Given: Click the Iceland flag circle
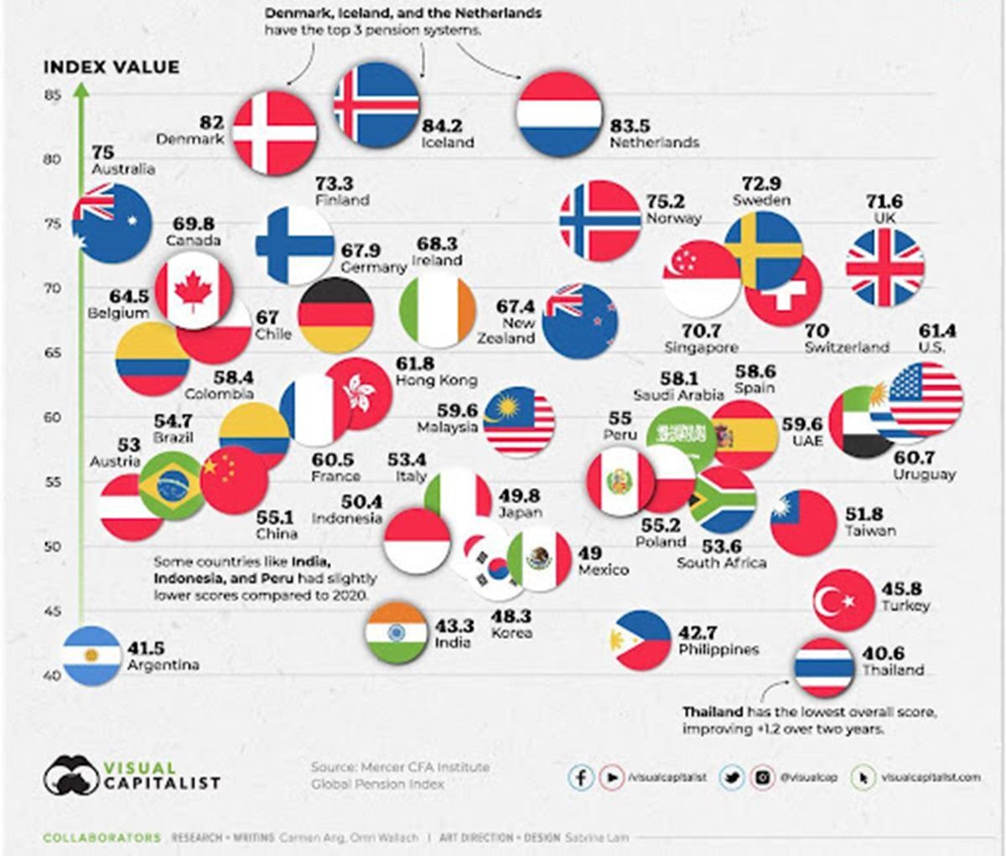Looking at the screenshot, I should tap(376, 106).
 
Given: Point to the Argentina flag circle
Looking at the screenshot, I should tap(91, 656).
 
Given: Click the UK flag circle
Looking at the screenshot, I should tap(885, 267).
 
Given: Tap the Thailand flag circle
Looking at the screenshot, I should tap(824, 667).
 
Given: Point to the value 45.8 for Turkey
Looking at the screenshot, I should tap(902, 589).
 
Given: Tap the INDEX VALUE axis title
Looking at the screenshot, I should tap(111, 67).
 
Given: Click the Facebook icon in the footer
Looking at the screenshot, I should tap(580, 777).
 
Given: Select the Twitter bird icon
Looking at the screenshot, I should tap(731, 777).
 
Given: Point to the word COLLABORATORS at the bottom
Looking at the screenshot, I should tap(101, 837).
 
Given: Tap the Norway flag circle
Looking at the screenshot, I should tap(600, 220).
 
